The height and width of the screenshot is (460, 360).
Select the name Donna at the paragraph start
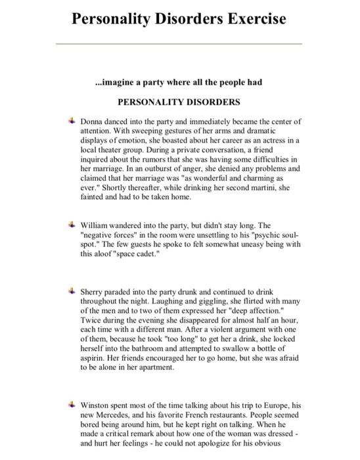[92, 122]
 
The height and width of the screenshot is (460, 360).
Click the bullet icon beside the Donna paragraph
[71, 122]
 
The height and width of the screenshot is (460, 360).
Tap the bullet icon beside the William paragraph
[71, 225]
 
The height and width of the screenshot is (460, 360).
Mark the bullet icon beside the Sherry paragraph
[71, 290]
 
